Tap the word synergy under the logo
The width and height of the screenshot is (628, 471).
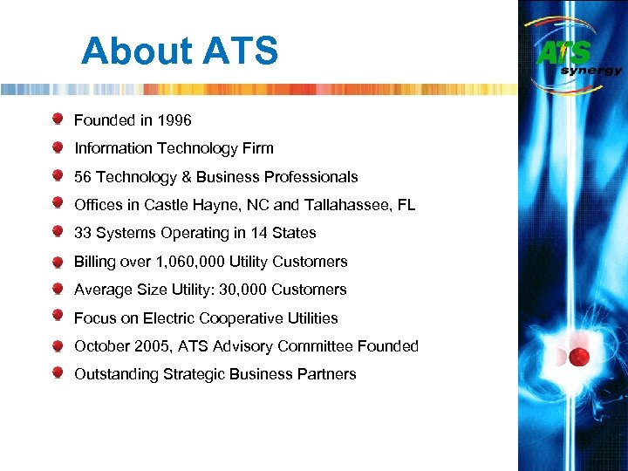(591, 71)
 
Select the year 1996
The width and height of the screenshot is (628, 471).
(174, 120)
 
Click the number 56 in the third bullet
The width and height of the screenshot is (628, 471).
(83, 177)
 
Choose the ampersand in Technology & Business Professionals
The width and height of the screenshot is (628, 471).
(186, 177)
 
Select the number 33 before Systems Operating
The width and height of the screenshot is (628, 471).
(83, 233)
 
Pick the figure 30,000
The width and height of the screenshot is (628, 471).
(239, 290)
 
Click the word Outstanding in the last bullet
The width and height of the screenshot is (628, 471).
(115, 374)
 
